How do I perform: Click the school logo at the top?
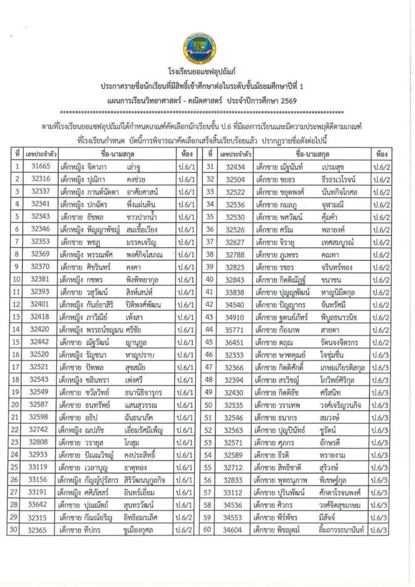pos(207,49)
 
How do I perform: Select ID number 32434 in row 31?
pos(235,167)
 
